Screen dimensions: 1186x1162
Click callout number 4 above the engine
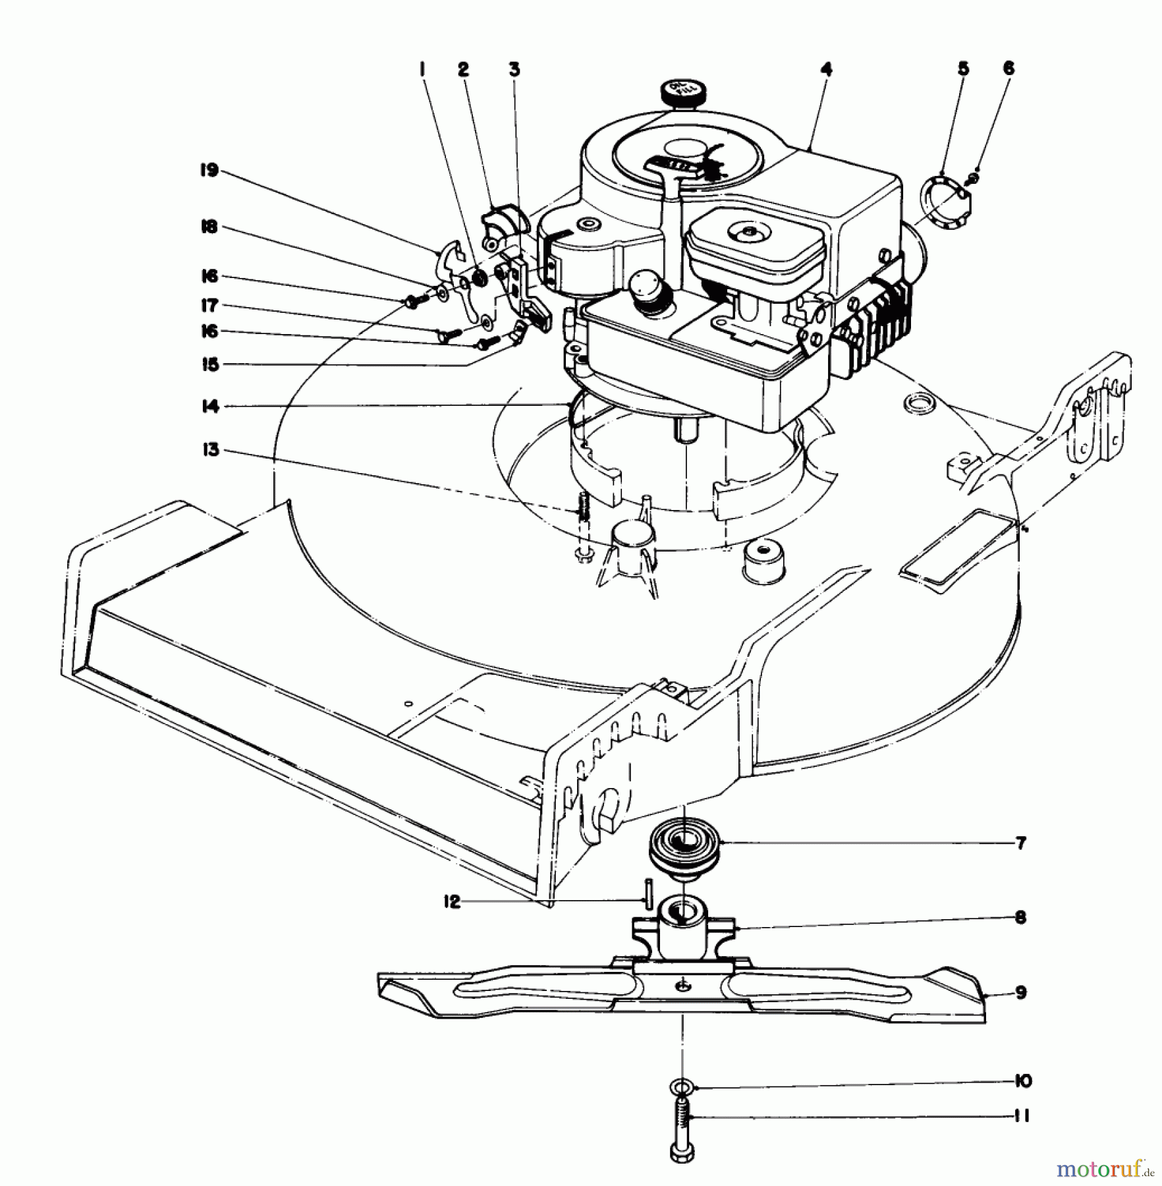827,69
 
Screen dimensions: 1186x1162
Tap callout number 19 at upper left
209,171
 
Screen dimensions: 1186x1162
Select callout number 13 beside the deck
211,451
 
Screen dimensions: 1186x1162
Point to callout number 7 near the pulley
1020,843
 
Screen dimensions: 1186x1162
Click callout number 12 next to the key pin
452,902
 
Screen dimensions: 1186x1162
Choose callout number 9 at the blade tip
1020,992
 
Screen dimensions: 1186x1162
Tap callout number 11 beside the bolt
1022,1116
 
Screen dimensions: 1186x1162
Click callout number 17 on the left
209,306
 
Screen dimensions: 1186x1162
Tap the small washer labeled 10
683,1084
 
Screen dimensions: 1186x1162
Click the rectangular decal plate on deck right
950,548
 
